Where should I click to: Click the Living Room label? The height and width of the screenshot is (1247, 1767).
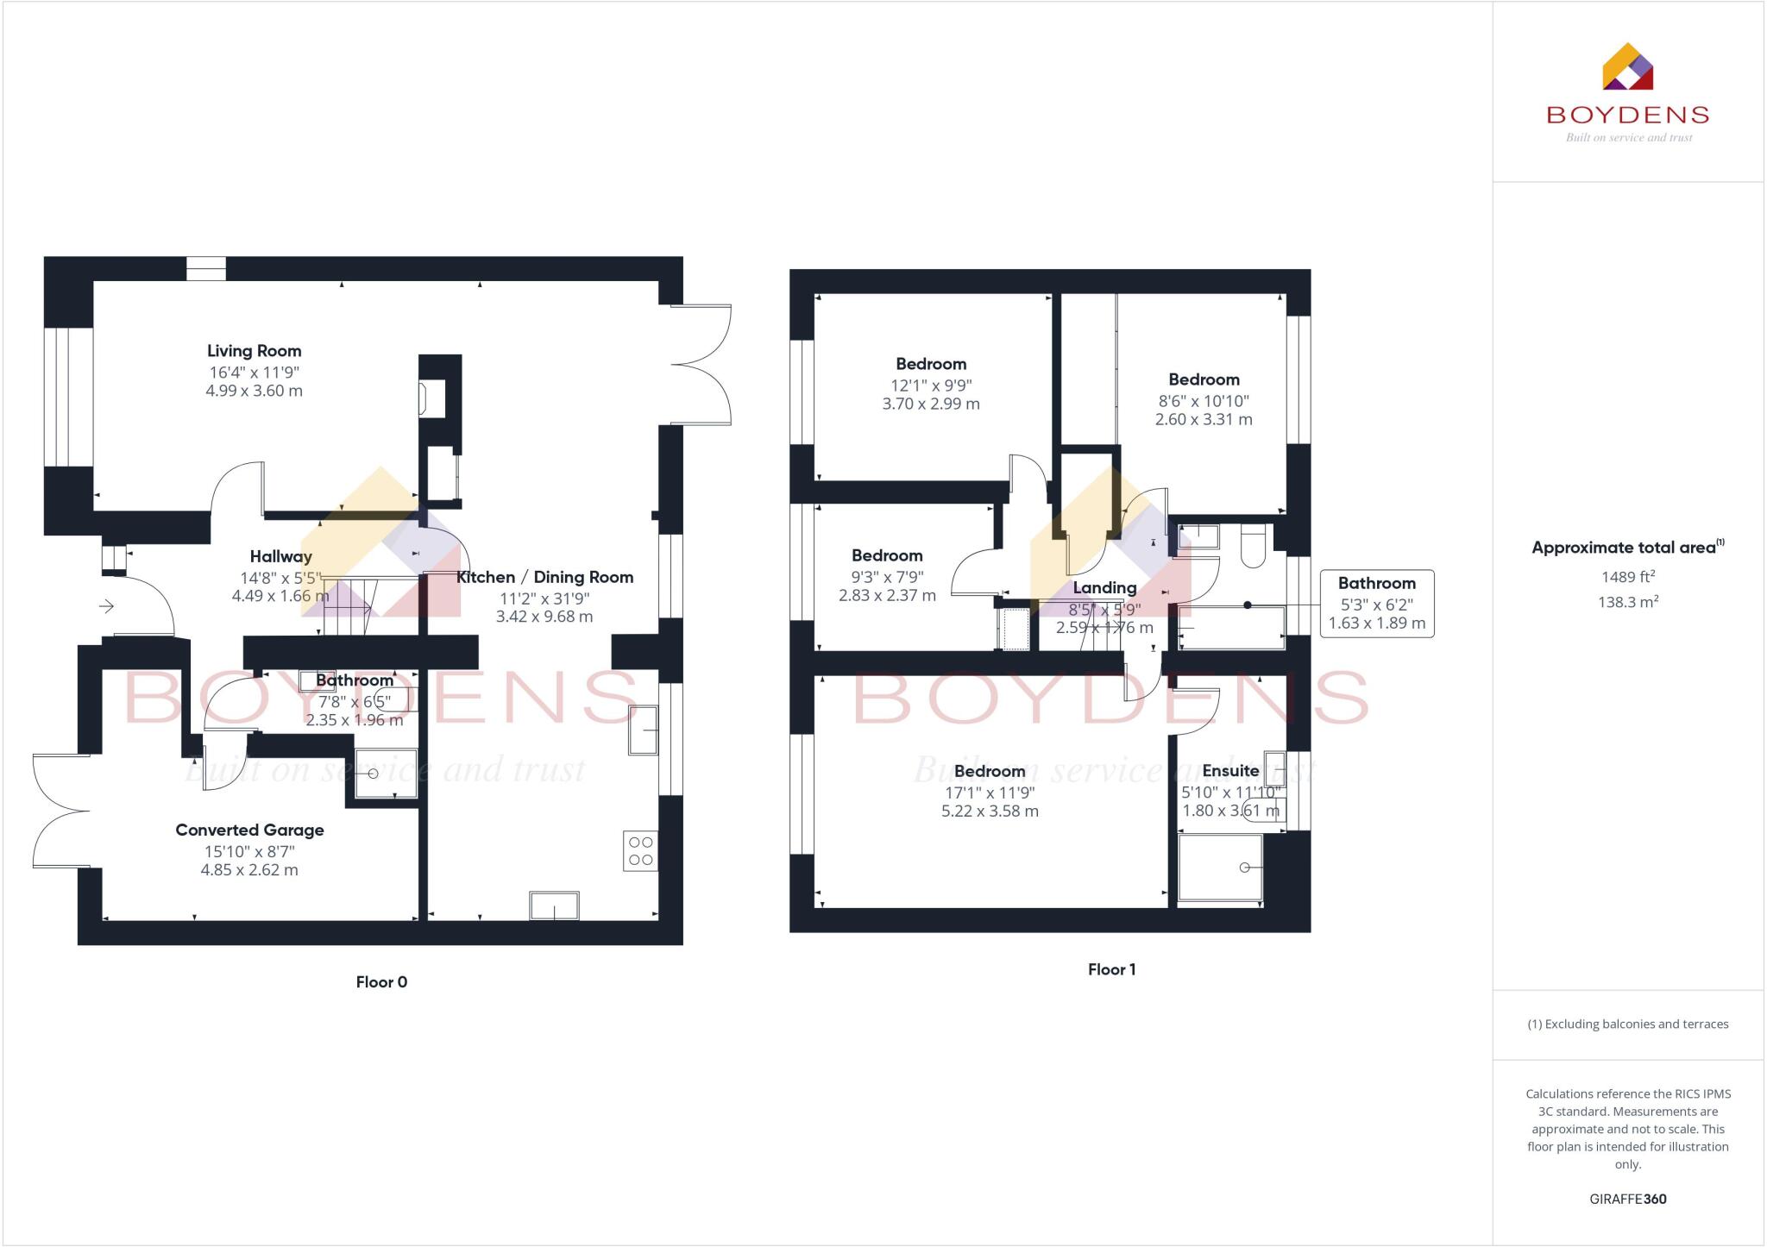[254, 351]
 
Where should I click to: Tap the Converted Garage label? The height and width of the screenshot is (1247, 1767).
[249, 830]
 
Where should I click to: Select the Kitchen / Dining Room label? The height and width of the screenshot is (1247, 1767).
[544, 577]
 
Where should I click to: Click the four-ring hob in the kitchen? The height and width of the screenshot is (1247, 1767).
[640, 850]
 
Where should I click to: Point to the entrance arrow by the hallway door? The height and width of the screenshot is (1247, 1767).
[106, 606]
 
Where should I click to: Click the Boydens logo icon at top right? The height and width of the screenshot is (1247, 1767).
[1627, 67]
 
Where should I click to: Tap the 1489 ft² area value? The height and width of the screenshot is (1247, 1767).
[1627, 577]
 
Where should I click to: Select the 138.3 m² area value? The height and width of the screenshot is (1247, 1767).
[1627, 602]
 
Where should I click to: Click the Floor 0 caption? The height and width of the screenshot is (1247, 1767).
[381, 981]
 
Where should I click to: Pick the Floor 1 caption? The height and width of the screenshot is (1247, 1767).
[1111, 969]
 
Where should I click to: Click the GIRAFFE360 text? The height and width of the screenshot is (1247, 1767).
[1627, 1199]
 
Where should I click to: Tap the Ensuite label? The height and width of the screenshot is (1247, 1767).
[1230, 770]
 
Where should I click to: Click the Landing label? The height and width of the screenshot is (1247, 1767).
[1104, 587]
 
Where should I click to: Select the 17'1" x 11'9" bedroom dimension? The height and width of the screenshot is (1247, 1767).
[990, 792]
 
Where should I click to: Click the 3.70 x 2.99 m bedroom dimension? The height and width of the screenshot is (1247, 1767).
[931, 404]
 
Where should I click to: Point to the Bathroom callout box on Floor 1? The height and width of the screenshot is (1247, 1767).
[1377, 603]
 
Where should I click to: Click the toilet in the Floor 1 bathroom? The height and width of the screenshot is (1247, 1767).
[1253, 547]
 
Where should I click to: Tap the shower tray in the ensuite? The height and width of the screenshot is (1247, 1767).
[1220, 867]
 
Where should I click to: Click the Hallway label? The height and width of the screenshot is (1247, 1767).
[280, 556]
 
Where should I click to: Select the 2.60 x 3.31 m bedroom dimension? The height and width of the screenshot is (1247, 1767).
[1204, 419]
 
